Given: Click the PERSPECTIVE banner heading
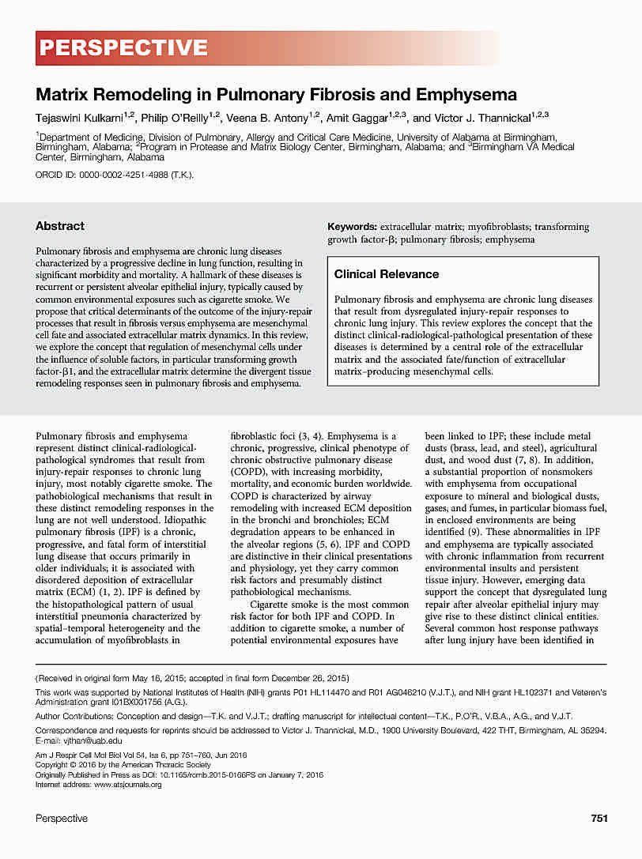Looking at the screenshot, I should tap(123, 48).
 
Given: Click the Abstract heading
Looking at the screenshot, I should tap(60, 226).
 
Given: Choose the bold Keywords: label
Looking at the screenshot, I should tap(353, 227).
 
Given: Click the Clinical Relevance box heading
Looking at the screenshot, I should tap(387, 274).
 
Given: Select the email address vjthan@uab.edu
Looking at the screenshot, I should tap(93, 740).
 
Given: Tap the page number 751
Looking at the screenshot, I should tap(599, 819).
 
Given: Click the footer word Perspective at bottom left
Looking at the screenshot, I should tap(62, 819).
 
